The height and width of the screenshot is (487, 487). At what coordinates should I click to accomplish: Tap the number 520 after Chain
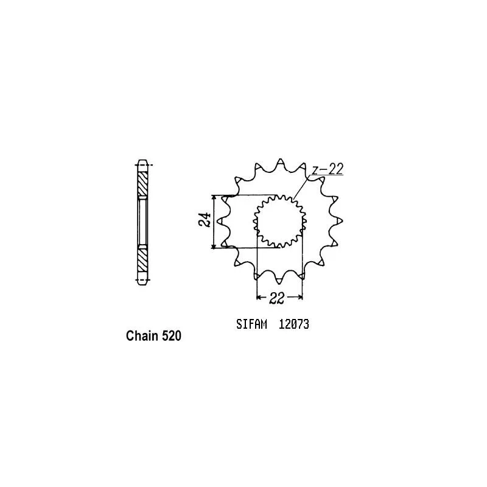pos(171,336)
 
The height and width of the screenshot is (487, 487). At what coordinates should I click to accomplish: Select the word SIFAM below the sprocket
pos(251,324)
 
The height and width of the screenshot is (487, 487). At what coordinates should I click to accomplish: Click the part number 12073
pos(294,324)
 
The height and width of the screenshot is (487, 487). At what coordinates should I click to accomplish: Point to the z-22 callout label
pos(328,169)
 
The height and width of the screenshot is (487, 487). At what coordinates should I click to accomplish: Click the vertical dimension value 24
pos(205,220)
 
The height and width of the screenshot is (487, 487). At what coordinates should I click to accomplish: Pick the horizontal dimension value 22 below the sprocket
pos(276,298)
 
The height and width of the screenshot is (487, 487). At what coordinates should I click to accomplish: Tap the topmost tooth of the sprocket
pos(280,163)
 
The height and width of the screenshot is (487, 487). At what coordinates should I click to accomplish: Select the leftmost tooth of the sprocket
pos(221,221)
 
